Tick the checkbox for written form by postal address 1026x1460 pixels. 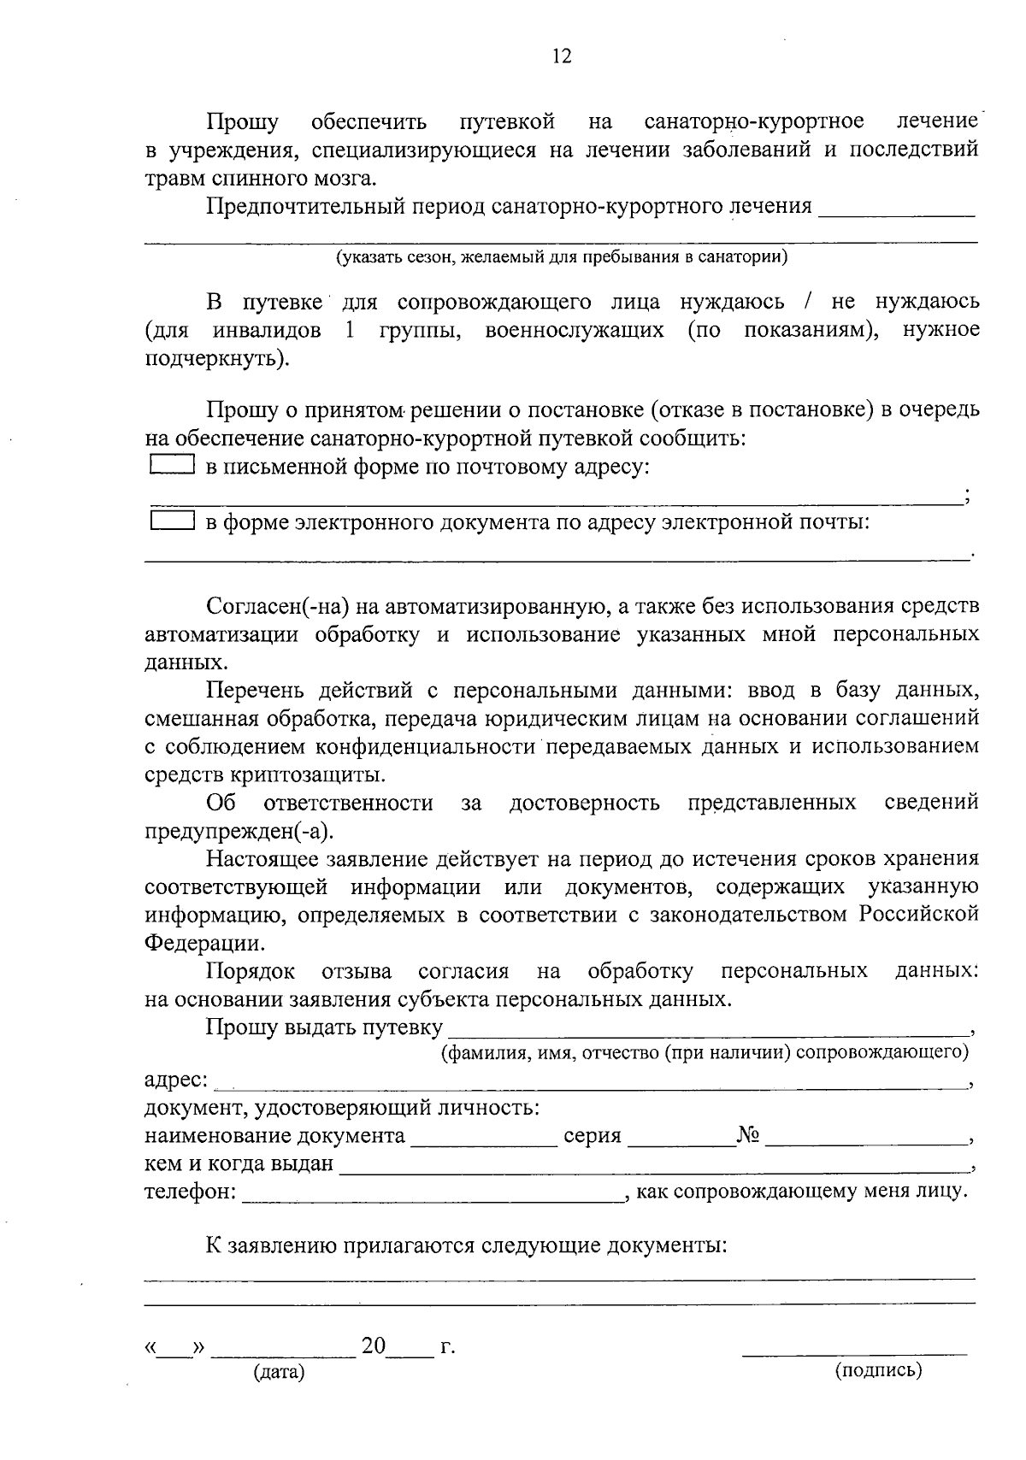pos(172,465)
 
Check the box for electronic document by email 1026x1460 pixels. pos(172,521)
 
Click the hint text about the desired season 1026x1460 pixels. pos(561,256)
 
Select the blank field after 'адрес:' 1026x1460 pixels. pos(590,1083)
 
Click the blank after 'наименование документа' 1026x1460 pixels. pos(483,1139)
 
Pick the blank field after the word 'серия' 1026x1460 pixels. pos(681,1139)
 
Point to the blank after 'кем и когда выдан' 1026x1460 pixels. pos(654,1166)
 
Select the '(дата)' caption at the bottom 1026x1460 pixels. pos(279,1373)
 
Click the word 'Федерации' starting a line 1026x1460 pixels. pos(203,944)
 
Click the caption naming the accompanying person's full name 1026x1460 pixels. pos(705,1051)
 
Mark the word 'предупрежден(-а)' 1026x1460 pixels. pos(239,831)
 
